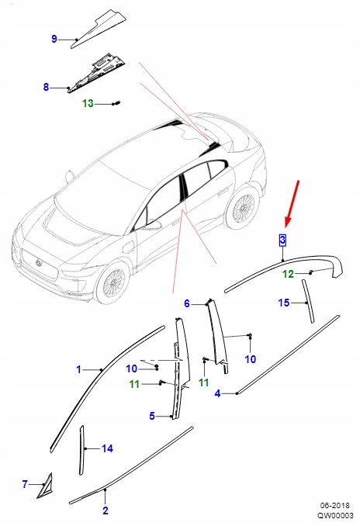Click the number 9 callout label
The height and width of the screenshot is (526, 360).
[x=54, y=39]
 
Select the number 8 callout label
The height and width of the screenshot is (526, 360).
[x=46, y=87]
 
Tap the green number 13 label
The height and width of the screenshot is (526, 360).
[x=88, y=103]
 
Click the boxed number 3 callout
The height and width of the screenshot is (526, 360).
[x=283, y=239]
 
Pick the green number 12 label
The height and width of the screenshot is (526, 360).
[x=288, y=274]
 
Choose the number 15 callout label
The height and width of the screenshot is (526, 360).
[x=284, y=302]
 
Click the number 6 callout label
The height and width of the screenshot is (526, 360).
[x=187, y=303]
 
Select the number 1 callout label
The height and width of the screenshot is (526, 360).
[x=78, y=370]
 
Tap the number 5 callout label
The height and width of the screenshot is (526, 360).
[x=152, y=416]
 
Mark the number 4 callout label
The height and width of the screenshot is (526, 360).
[x=218, y=394]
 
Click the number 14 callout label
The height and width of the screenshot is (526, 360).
[x=107, y=448]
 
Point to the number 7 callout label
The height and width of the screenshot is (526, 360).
[x=25, y=484]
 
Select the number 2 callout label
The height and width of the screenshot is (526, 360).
[x=106, y=510]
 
